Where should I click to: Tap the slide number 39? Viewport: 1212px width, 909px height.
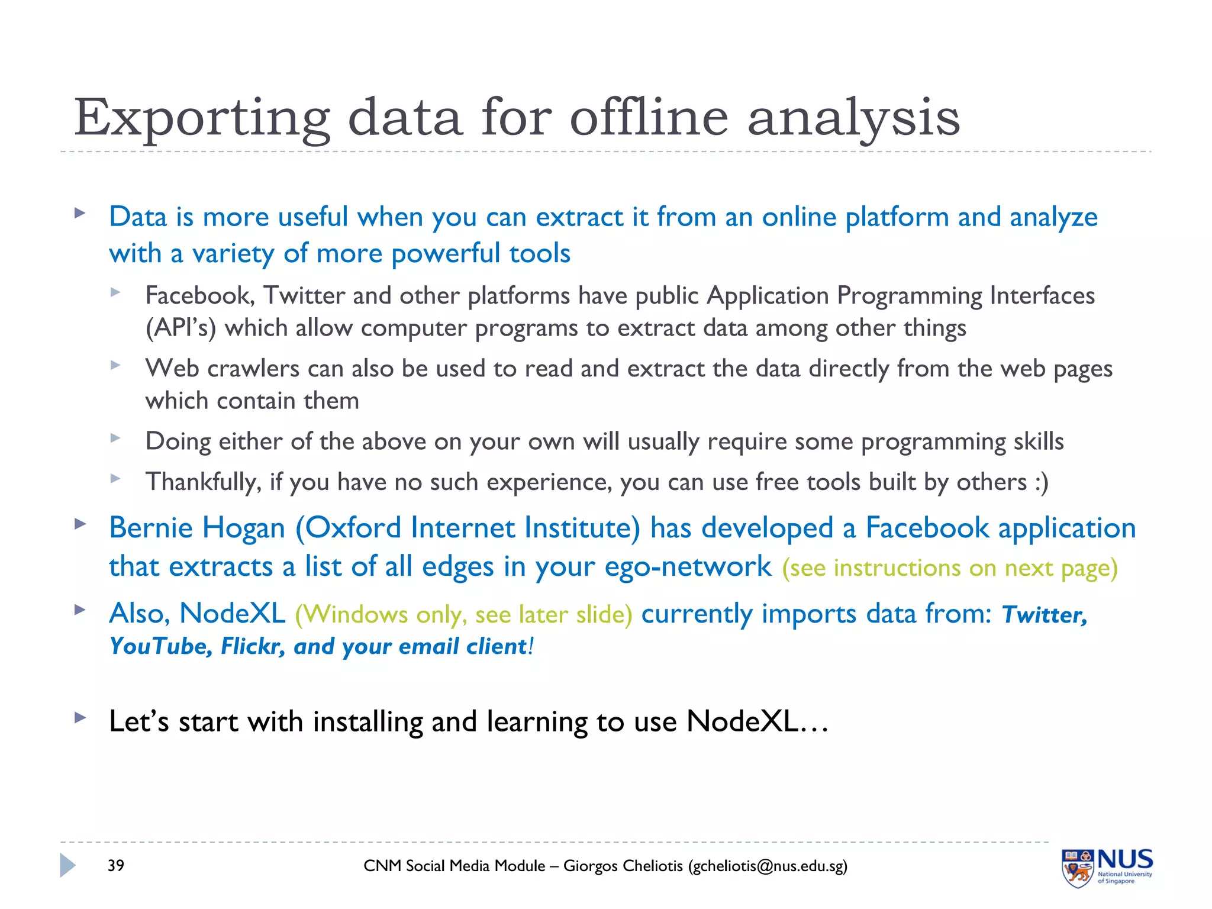116,866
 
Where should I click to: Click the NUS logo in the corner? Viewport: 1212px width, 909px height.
1106,867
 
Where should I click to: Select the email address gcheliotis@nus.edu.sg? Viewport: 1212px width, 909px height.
768,866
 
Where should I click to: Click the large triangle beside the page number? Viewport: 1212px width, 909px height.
67,866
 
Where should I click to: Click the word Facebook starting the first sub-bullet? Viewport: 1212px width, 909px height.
199,295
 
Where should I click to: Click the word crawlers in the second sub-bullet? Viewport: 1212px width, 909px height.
253,369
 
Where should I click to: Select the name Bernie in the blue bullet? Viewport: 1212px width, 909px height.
152,528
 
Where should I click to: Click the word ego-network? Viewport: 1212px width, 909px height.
688,567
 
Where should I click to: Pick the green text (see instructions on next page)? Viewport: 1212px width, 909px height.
949,568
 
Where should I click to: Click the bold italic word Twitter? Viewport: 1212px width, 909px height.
1044,615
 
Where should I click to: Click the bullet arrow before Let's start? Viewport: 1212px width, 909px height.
80,718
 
